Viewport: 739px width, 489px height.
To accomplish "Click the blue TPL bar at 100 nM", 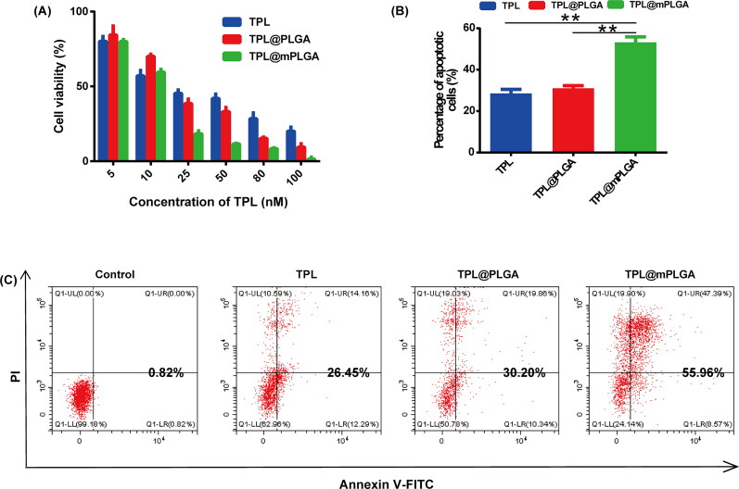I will [290, 144].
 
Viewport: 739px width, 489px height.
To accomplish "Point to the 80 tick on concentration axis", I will [263, 174].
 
